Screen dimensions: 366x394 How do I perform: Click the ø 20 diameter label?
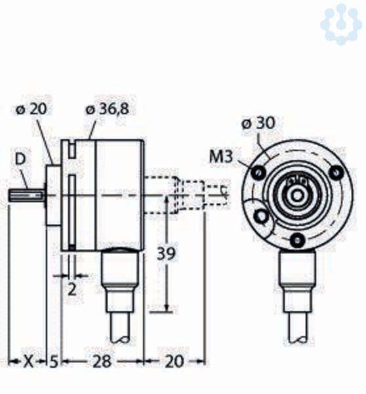tap(31, 109)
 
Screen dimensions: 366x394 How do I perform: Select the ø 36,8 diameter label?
tap(108, 109)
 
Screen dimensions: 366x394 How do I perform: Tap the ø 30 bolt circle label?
tap(258, 123)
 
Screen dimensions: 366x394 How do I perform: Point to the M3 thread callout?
tap(221, 157)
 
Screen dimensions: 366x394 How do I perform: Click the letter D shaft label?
tap(20, 160)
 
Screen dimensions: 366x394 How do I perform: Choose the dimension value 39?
tap(165, 253)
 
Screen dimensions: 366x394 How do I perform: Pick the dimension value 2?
tap(72, 290)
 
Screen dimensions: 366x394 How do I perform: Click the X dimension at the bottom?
tap(28, 362)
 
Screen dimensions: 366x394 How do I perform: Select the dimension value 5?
tap(54, 362)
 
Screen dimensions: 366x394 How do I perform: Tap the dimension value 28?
tap(102, 362)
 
